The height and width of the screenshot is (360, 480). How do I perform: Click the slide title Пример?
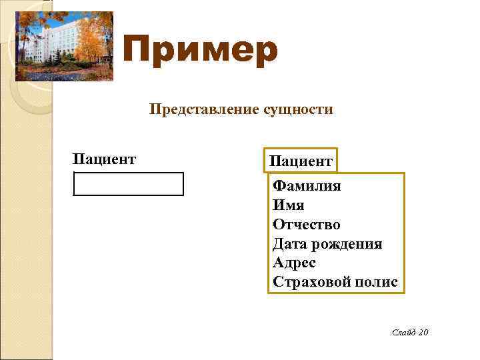pos(200,51)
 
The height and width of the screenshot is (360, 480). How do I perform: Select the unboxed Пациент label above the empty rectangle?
pos(105,159)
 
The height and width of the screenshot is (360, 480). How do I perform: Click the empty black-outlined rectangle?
pos(128,184)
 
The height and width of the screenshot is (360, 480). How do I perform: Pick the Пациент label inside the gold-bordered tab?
pos(301,161)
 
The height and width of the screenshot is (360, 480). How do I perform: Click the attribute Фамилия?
pos(307,186)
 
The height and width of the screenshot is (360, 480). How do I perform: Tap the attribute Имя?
pos(288,205)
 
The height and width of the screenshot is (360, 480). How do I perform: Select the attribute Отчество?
pos(307,225)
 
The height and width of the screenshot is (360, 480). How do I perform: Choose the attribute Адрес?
pos(294,263)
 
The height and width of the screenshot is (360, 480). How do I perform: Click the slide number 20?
pos(423,332)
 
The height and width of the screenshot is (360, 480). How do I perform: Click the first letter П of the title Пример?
pos(139,51)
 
